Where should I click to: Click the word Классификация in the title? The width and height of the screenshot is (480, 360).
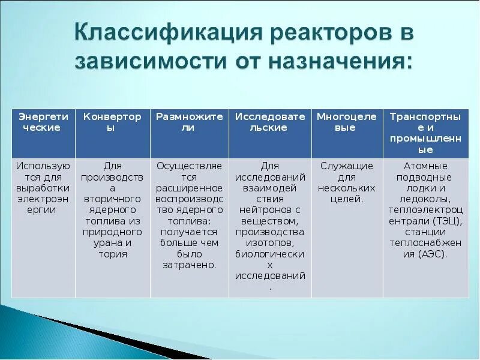[158, 34]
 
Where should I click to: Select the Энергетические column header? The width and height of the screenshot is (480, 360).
[43, 122]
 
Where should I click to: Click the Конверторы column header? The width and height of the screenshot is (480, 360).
[112, 122]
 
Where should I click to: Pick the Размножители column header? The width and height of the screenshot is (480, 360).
[189, 122]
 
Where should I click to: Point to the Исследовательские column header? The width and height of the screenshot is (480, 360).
[270, 122]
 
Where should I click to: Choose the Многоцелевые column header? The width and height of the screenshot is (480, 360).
[347, 122]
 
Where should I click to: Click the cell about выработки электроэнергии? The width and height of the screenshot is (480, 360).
[43, 187]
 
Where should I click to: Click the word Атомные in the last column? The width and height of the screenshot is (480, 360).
[425, 166]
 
